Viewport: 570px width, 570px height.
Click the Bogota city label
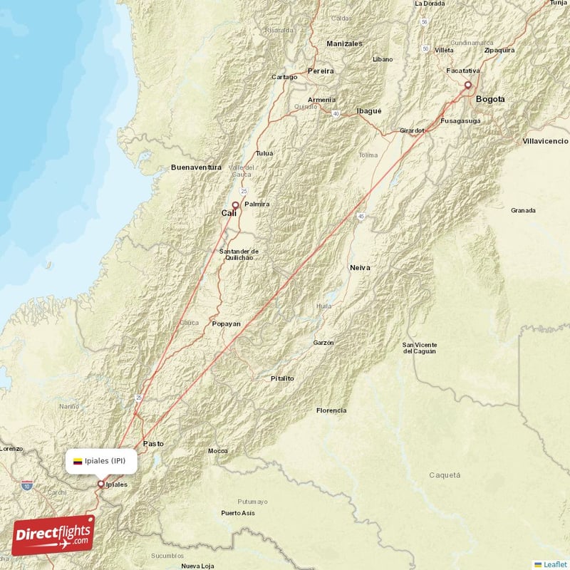point(490,99)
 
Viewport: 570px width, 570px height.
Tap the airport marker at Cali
point(234,204)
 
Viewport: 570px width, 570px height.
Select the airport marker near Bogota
point(468,85)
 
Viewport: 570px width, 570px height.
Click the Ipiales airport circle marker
point(100,484)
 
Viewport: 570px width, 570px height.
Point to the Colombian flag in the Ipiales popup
point(78,461)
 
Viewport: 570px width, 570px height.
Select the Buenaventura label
point(197,167)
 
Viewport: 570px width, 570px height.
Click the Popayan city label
point(227,323)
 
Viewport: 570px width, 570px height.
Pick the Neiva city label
point(360,267)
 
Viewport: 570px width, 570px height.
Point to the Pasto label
point(153,443)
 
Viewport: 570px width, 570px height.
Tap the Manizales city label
point(345,43)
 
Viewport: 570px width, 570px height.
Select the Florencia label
point(331,410)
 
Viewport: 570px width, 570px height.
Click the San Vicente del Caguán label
point(420,348)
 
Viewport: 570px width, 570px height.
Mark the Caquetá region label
point(445,475)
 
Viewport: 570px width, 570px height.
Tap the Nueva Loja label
point(199,566)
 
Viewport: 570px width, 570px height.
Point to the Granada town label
point(523,210)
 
